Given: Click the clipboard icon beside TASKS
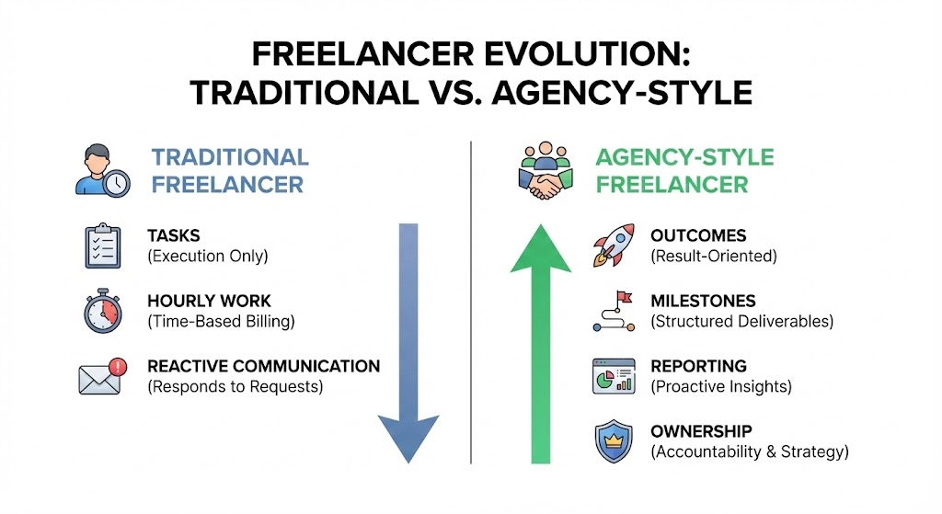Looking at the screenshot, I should pyautogui.click(x=102, y=246).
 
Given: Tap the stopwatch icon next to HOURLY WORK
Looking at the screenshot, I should pyautogui.click(x=102, y=311).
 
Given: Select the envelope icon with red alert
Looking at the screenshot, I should pyautogui.click(x=100, y=375).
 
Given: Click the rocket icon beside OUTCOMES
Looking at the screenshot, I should pyautogui.click(x=613, y=246).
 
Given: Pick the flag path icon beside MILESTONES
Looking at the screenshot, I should pyautogui.click(x=613, y=311).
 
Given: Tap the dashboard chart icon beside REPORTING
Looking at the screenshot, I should pyautogui.click(x=613, y=375).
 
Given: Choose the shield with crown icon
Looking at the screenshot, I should pyautogui.click(x=613, y=441).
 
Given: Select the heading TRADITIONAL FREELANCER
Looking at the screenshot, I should pyautogui.click(x=229, y=171).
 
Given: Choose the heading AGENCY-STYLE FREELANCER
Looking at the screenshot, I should pyautogui.click(x=684, y=171).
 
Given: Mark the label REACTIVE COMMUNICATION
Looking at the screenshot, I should pyautogui.click(x=263, y=366).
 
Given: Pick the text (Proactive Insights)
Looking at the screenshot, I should pyautogui.click(x=721, y=386).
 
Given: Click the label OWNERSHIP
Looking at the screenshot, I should pyautogui.click(x=701, y=431).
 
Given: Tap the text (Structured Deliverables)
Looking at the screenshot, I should pyautogui.click(x=741, y=321).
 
